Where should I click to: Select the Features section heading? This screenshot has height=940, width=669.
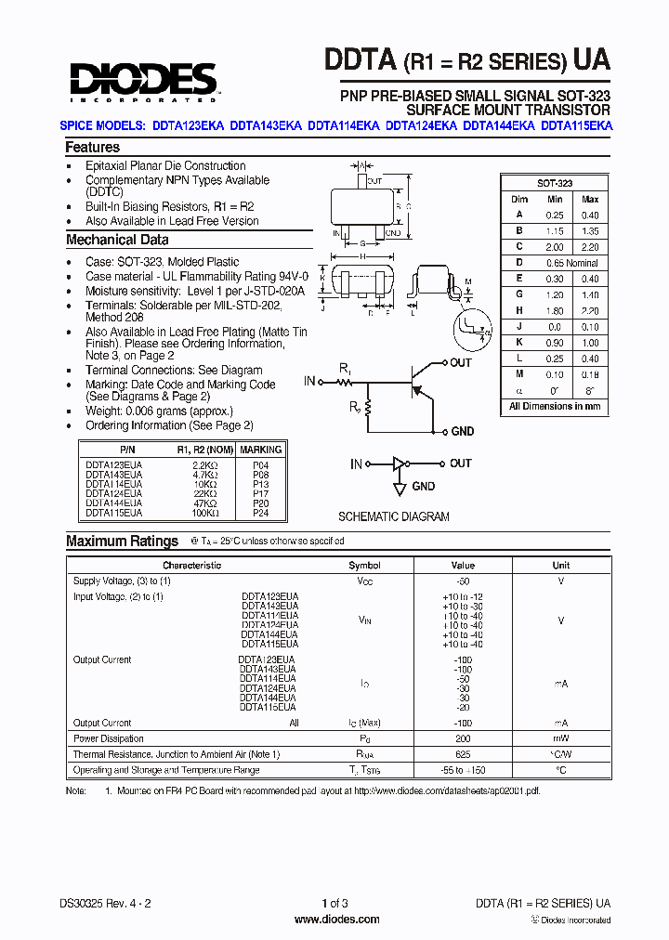92,147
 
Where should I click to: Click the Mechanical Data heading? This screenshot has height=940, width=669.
117,240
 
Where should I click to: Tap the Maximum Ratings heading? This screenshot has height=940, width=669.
122,542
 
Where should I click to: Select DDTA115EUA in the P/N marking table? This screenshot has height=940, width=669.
114,512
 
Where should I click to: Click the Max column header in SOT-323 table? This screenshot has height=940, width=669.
589,200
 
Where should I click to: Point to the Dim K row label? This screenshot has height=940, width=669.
519,343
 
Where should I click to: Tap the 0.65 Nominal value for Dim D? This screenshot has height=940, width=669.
571,263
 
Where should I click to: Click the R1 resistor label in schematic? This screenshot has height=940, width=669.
345,370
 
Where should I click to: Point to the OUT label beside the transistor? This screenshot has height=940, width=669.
461,363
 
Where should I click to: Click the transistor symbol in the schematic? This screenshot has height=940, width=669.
423,381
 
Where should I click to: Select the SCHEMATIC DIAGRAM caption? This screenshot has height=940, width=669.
393,517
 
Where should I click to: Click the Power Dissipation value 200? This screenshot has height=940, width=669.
463,739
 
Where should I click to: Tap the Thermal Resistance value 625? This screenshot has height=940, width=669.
463,754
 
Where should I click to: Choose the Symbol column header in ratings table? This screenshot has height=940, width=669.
364,565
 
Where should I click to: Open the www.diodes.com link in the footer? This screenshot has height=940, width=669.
336,920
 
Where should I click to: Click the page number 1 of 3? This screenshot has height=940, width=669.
334,903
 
